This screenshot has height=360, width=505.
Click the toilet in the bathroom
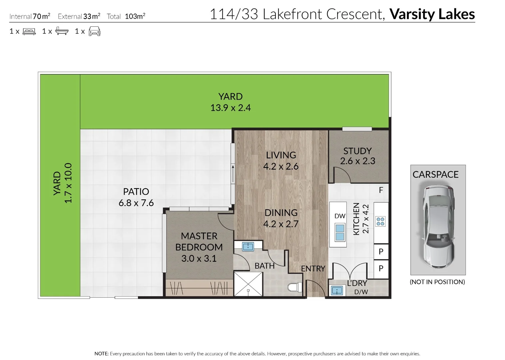295,287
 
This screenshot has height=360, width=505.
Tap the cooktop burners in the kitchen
380,221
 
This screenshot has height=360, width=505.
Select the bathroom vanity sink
248,246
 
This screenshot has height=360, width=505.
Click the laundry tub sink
337,290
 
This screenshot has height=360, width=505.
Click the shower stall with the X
248,284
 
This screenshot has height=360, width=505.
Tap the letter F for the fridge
381,190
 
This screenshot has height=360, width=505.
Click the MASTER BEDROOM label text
199,242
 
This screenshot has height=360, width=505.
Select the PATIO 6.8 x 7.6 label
136,197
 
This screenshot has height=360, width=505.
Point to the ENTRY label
313,268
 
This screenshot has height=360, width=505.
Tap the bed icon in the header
29,31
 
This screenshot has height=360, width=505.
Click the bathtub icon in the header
62,31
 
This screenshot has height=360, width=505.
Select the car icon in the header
95,31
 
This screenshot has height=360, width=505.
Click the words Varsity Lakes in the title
432,14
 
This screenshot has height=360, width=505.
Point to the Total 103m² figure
126,16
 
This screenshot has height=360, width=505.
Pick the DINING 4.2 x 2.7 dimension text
281,218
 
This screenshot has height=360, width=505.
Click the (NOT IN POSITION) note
437,282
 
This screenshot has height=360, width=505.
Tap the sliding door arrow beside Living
233,174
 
